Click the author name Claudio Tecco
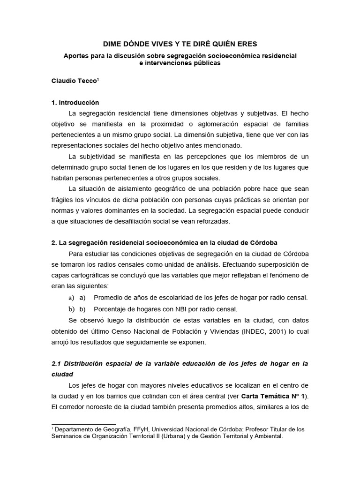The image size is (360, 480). pos(73,80)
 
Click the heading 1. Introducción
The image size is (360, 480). pos(75,103)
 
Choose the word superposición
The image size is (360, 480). pos(277,264)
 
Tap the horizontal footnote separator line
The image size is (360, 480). pos(83,424)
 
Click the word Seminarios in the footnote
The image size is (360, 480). pos(69,436)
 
